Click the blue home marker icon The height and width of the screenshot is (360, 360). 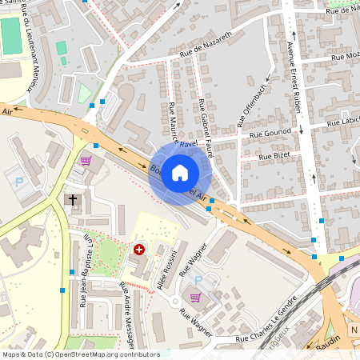click(180, 173)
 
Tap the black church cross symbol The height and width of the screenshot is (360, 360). click(73, 199)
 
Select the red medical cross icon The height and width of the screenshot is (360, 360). click(140, 250)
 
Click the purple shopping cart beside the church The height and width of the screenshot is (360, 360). click(85, 160)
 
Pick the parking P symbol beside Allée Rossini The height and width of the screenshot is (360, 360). click(199, 281)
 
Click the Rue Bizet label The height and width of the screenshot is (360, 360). click(273, 156)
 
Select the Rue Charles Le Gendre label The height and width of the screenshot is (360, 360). click(260, 338)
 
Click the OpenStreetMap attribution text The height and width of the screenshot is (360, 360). click(80, 354)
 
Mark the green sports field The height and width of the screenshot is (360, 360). click(10, 37)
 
